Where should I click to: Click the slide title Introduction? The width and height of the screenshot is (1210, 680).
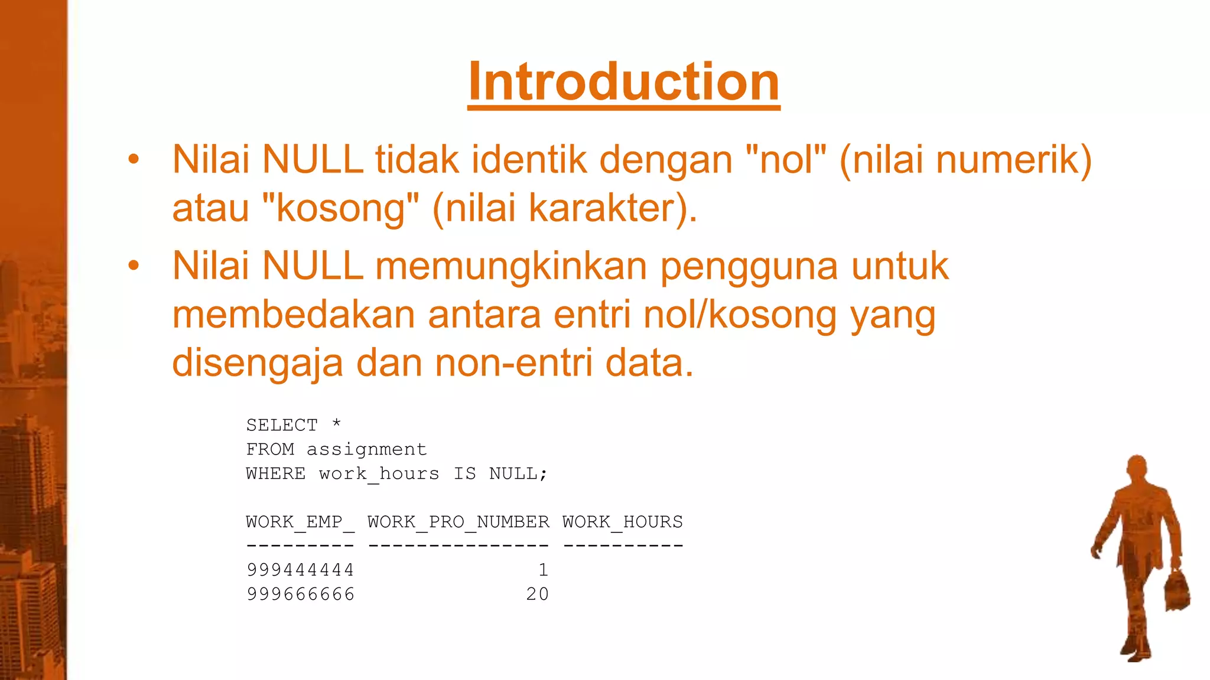point(623,82)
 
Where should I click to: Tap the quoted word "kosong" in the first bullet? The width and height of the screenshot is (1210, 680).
point(340,208)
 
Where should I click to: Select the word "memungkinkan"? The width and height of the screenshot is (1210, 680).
point(511,266)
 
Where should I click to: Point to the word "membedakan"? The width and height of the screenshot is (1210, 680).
point(294,315)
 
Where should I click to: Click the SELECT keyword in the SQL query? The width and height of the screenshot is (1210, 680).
point(282,425)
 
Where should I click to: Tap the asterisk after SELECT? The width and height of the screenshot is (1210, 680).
point(336,423)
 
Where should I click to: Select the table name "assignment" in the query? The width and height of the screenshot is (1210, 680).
point(366,450)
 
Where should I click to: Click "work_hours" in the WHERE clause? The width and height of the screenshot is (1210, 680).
point(379,474)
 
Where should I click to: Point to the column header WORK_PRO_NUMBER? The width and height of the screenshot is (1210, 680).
point(458,522)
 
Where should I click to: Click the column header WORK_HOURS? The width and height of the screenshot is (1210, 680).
point(623,522)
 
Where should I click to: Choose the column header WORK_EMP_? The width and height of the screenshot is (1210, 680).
point(300,522)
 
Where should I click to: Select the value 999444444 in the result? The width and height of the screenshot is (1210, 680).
point(300,570)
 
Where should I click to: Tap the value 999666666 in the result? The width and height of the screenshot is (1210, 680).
point(300,594)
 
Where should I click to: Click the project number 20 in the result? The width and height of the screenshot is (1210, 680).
point(537,594)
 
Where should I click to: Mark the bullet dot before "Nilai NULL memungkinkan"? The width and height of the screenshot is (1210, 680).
point(134,266)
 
